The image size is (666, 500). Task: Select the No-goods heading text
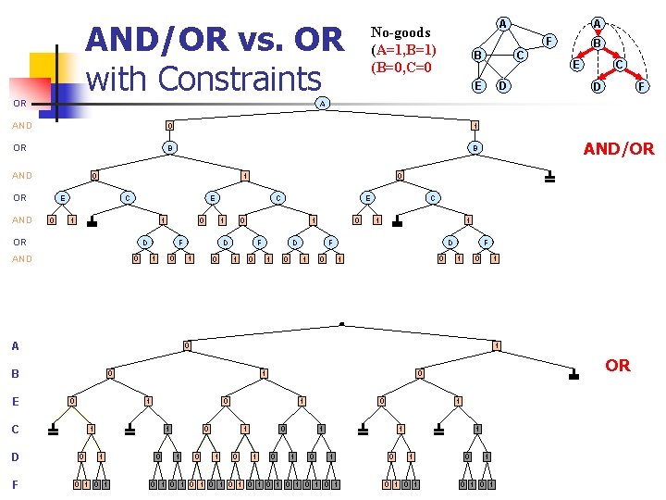point(401,32)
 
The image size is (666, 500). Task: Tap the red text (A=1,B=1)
point(403,50)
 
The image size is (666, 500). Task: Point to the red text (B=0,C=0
point(402,67)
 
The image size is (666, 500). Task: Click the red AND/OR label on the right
point(618,148)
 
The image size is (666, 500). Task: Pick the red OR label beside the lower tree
point(617,366)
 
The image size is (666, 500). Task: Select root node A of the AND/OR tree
point(321,103)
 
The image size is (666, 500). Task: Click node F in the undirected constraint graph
point(549,41)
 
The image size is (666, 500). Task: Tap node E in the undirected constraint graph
point(478,85)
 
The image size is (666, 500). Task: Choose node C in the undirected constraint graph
point(521,55)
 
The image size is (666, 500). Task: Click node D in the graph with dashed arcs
point(598,87)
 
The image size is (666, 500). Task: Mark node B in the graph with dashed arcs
point(598,43)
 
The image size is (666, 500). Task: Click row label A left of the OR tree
point(15,346)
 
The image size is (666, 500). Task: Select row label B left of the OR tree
point(15,375)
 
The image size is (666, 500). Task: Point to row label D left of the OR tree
point(15,456)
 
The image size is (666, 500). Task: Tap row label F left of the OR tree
point(15,483)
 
